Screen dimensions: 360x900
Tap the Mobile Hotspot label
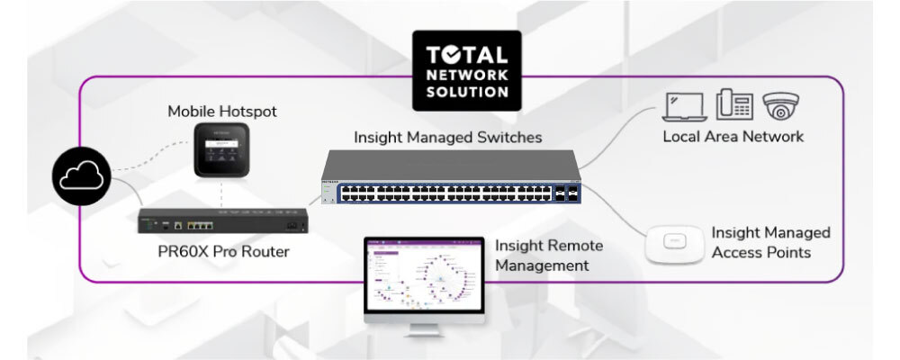(222, 112)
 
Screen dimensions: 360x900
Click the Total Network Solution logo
(465, 66)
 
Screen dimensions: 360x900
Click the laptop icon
(684, 107)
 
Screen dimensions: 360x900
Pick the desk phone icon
(733, 105)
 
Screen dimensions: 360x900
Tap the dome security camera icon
(782, 106)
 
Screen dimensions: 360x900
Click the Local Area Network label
(733, 137)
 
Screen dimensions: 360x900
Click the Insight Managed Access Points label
(770, 242)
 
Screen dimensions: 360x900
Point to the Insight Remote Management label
(548, 255)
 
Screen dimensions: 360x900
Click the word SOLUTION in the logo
(465, 90)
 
